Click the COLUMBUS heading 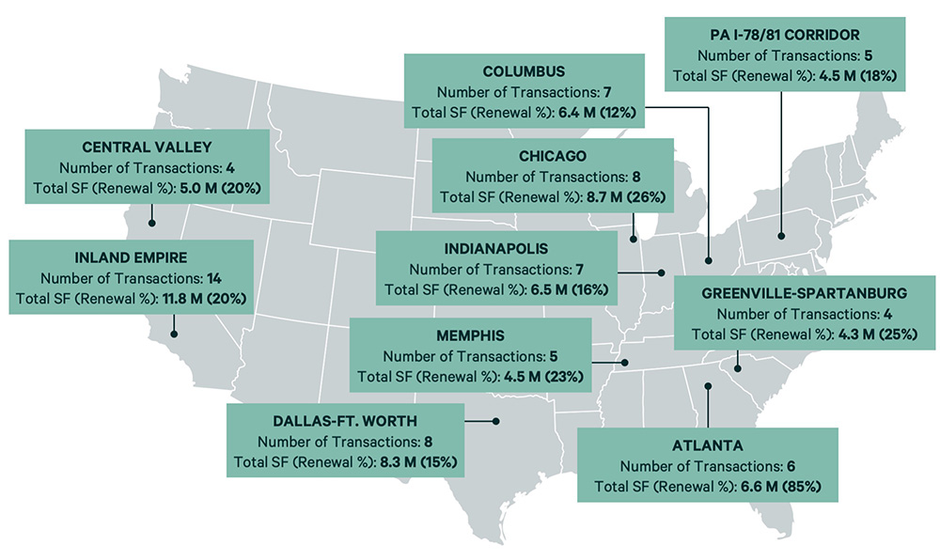tap(524, 71)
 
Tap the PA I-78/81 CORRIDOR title tap(785, 33)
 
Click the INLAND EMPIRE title tap(131, 257)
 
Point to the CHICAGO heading tap(552, 155)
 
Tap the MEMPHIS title tap(470, 334)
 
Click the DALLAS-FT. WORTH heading tap(345, 420)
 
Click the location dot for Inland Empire tap(174, 333)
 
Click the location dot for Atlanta tap(709, 385)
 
